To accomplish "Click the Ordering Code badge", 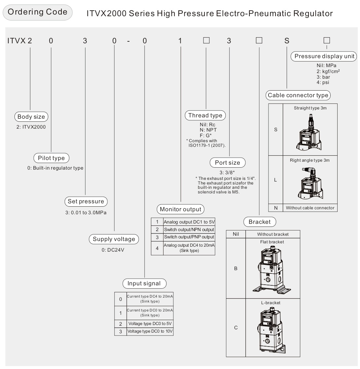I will [x=37, y=12].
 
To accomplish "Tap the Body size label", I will [x=31, y=116].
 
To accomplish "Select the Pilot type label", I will [x=51, y=158].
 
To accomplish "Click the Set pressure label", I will [x=86, y=201].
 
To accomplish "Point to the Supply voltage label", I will [x=114, y=239].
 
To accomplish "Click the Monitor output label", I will [x=180, y=209].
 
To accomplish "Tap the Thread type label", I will [x=205, y=115].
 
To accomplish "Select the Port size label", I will [x=228, y=163].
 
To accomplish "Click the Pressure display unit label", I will [x=325, y=56].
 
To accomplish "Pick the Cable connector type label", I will [x=298, y=95].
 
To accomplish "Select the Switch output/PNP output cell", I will [x=189, y=237].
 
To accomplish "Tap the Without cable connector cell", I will [x=310, y=208].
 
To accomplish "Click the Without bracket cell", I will [x=273, y=234].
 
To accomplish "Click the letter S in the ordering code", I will [x=287, y=41].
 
